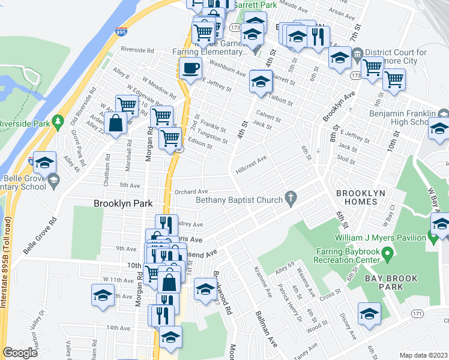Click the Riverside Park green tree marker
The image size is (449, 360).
58,122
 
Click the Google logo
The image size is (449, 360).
20,353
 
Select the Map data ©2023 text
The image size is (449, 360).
423,355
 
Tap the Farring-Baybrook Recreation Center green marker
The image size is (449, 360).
388,256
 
